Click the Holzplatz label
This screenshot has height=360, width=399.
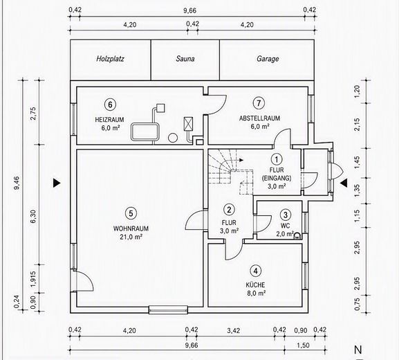point(110,59)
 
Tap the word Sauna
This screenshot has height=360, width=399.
point(185,59)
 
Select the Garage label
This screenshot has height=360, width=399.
point(268,59)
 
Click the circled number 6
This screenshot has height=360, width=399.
point(110,105)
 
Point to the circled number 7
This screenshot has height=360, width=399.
point(259,103)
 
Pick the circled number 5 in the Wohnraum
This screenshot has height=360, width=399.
point(131,213)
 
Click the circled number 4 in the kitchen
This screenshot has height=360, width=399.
point(255,271)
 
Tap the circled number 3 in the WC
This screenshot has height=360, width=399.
point(286,215)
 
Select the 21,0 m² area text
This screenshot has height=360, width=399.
point(131,237)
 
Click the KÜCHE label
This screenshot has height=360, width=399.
point(255,285)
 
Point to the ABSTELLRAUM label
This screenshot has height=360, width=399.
point(259,118)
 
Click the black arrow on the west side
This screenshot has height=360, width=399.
point(57,183)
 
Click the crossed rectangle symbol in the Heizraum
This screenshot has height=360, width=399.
point(188,124)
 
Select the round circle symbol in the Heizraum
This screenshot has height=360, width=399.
point(173,138)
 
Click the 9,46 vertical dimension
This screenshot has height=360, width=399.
point(17,183)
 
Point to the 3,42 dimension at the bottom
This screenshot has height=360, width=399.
point(233,331)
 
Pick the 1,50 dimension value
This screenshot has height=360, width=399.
point(303,345)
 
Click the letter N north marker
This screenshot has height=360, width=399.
point(358,350)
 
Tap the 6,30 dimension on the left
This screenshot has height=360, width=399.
point(33,217)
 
